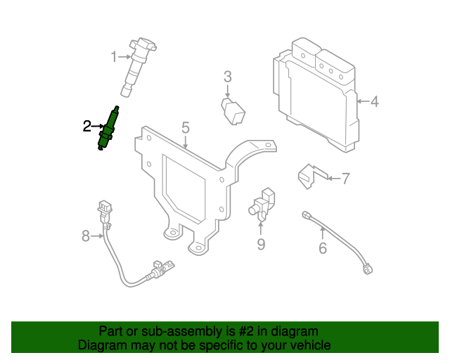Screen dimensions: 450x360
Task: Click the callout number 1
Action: coord(114,57)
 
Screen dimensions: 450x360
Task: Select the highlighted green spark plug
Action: coord(108,129)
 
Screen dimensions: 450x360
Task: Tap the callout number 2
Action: coord(87,126)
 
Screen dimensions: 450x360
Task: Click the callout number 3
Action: coord(228,77)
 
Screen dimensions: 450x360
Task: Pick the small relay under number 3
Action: coord(233,111)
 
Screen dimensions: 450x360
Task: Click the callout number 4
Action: coord(374,101)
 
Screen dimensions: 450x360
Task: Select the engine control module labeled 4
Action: coord(316,95)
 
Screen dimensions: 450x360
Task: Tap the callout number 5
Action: coord(186,127)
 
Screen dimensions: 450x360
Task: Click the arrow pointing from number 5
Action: coord(186,143)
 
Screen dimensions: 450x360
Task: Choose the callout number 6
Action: coord(323,247)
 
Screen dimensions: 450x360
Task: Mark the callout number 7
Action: coord(345,179)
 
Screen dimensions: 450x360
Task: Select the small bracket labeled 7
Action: coord(312,176)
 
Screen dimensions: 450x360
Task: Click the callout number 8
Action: coord(86,236)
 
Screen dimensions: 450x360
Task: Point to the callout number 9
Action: coord(261,244)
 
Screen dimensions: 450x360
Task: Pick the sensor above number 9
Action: coord(262,205)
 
